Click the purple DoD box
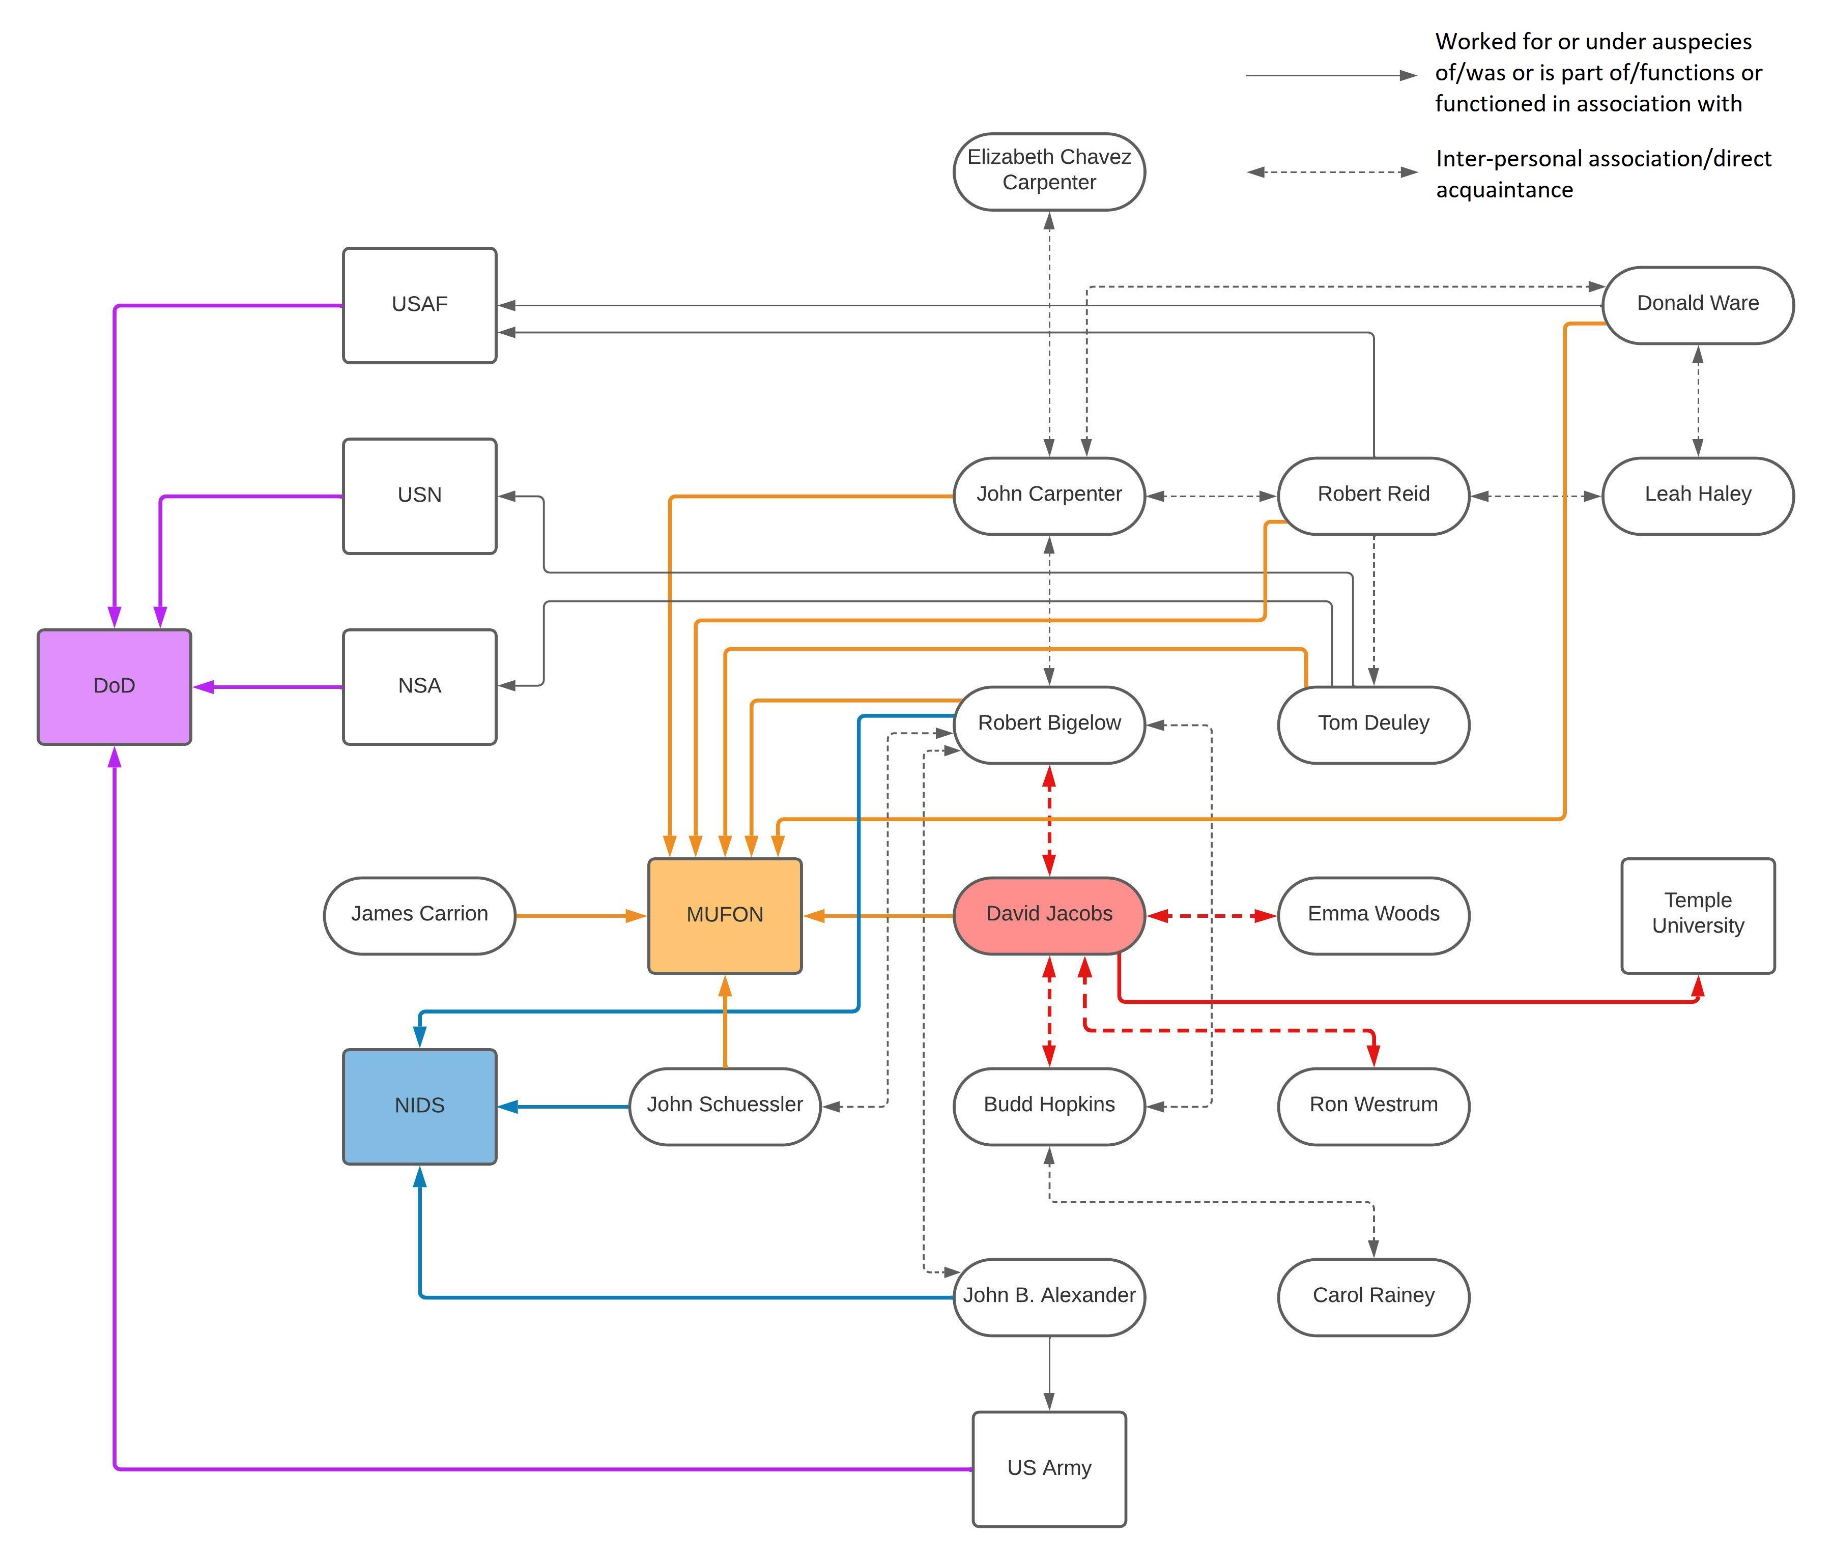(x=114, y=687)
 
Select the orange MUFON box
(x=725, y=916)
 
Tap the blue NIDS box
(x=419, y=1107)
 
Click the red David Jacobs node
(x=1049, y=916)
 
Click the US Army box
(x=1049, y=1469)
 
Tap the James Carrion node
(x=419, y=916)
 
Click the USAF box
(x=419, y=305)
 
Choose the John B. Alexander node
(x=1049, y=1297)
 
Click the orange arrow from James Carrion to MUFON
(x=581, y=916)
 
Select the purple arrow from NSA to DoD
(x=268, y=687)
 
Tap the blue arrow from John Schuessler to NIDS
(x=563, y=1107)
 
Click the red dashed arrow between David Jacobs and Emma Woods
(x=1211, y=916)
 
